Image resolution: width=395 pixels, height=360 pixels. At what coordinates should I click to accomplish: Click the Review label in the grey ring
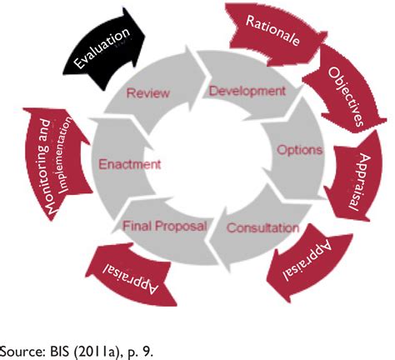click(x=147, y=92)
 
